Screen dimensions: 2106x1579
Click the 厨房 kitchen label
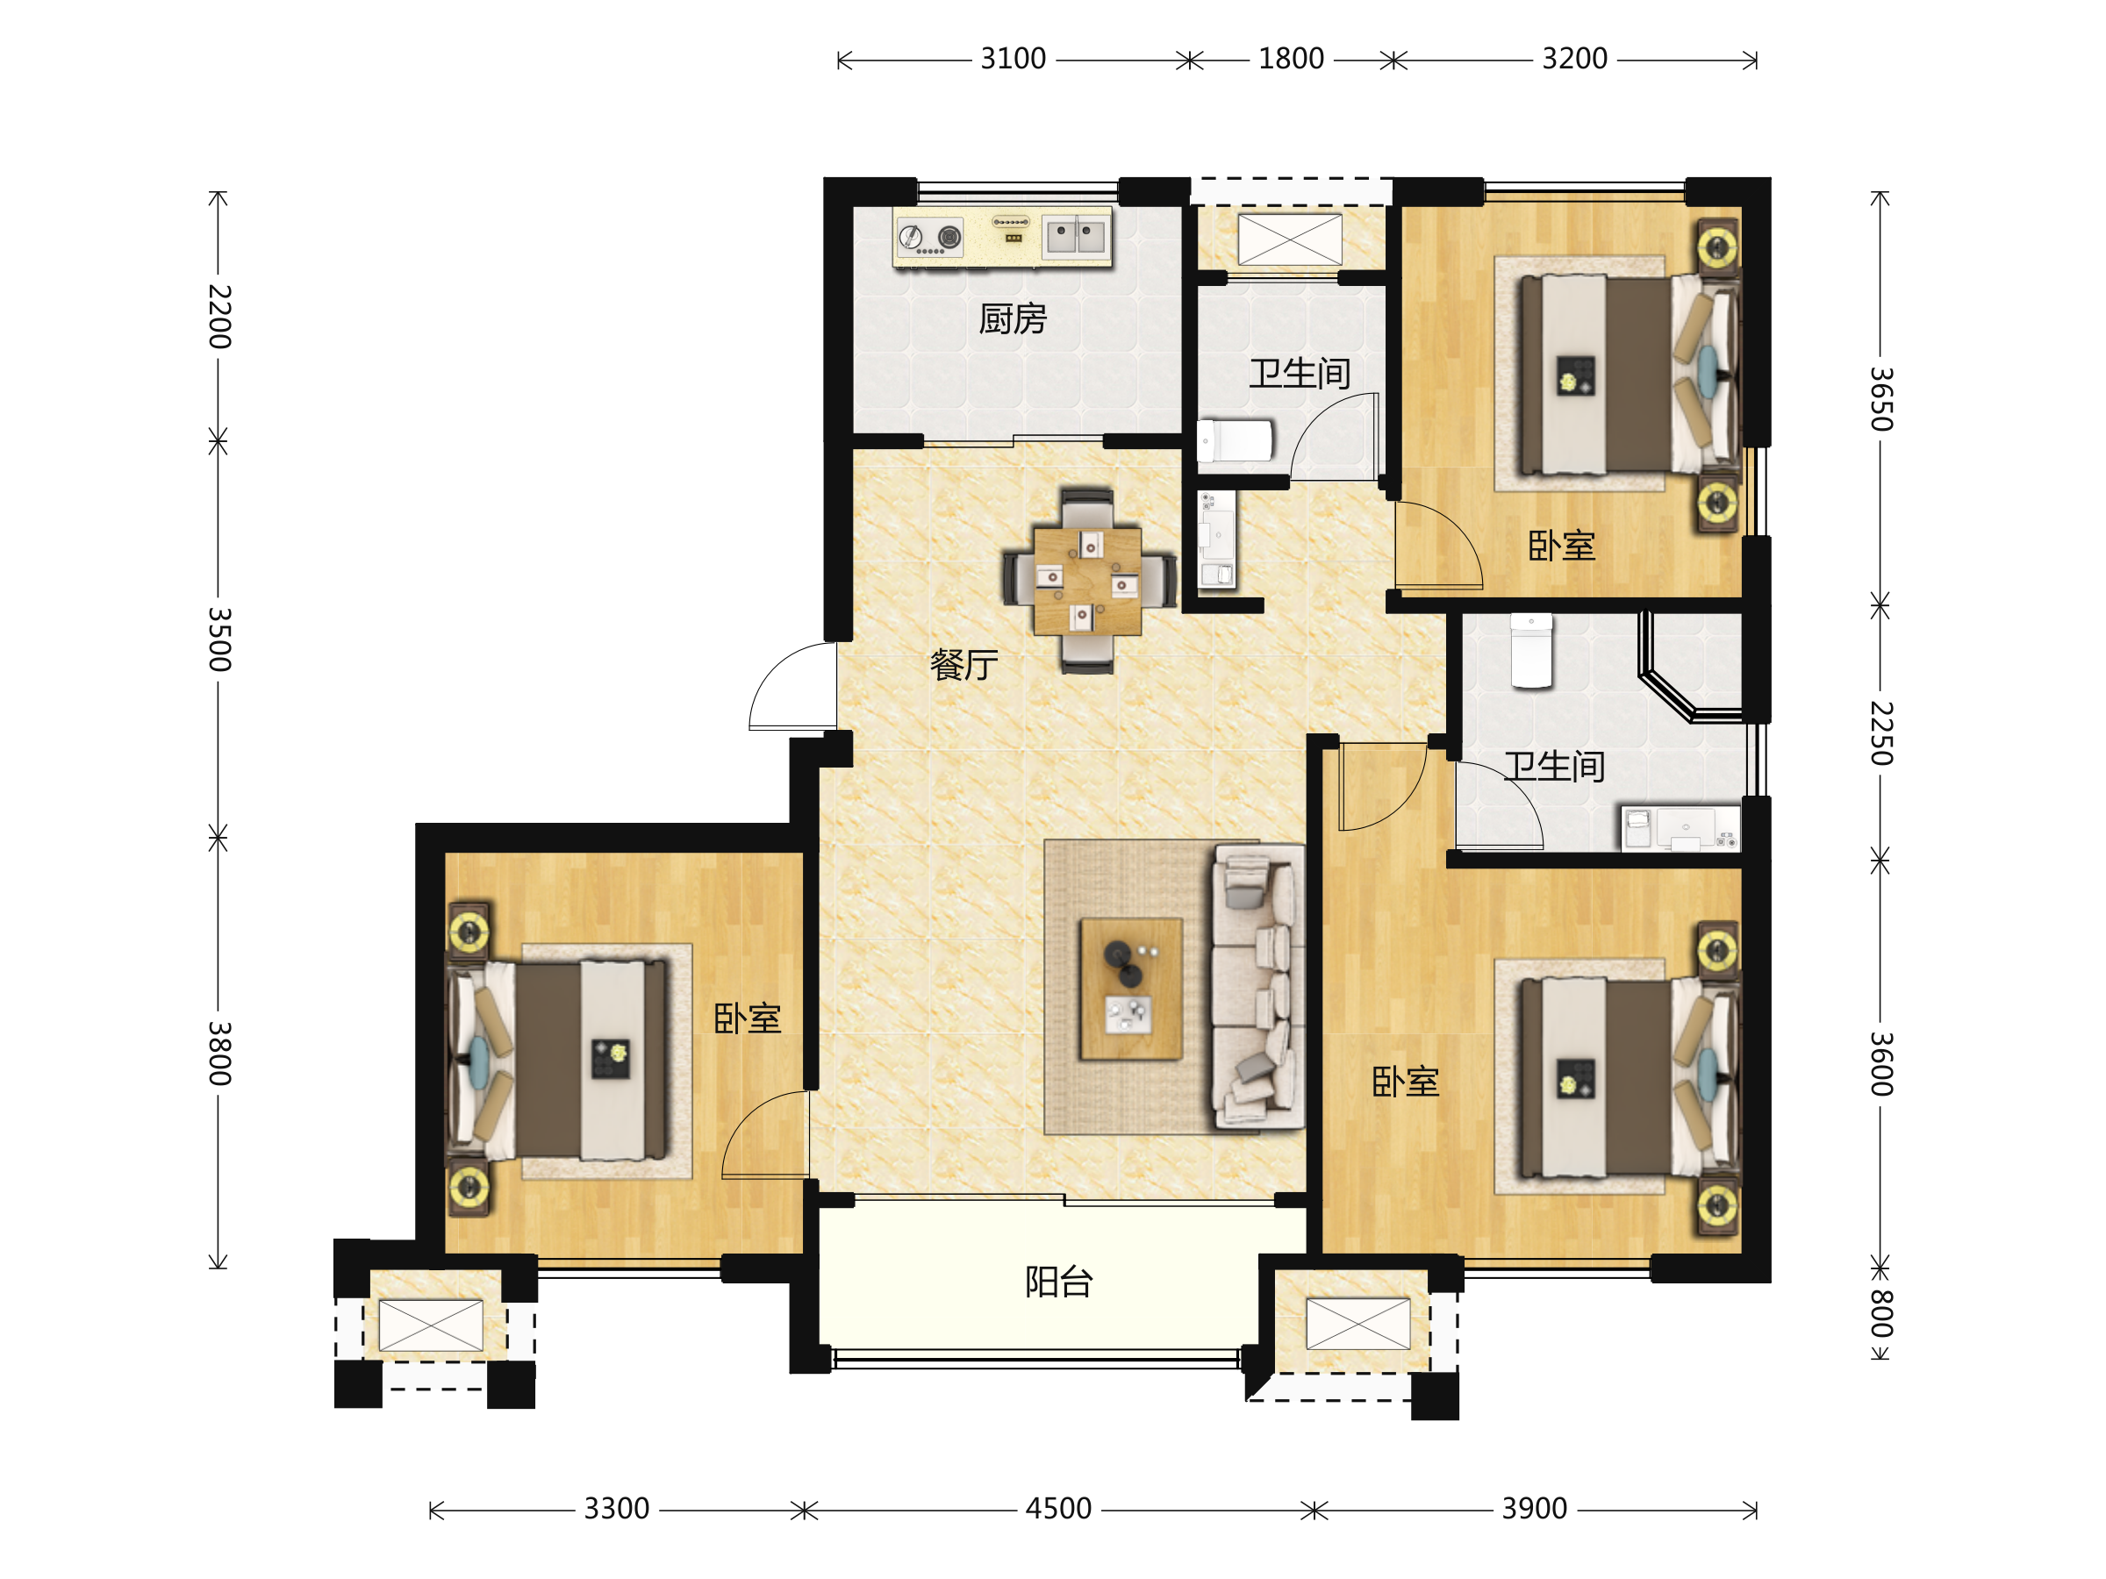point(1013,318)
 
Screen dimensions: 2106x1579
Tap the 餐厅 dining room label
point(964,664)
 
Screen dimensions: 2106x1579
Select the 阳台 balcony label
point(1059,1282)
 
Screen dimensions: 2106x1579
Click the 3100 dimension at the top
point(1013,59)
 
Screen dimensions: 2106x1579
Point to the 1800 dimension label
point(1291,59)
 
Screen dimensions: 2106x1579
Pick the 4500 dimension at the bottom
point(1059,1509)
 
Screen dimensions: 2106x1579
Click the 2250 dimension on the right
point(1881,732)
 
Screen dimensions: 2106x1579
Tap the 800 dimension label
point(1881,1313)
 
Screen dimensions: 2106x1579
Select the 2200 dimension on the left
point(220,316)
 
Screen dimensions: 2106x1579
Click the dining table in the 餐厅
point(1088,581)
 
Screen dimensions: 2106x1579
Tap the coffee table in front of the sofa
point(1131,988)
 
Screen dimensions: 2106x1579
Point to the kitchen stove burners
point(930,237)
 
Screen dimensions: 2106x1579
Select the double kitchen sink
point(1076,234)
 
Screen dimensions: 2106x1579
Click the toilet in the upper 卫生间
point(1235,440)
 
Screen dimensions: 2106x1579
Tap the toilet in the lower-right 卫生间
point(1532,651)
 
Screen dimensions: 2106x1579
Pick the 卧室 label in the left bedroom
point(748,1018)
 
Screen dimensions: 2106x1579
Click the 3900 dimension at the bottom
point(1535,1509)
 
